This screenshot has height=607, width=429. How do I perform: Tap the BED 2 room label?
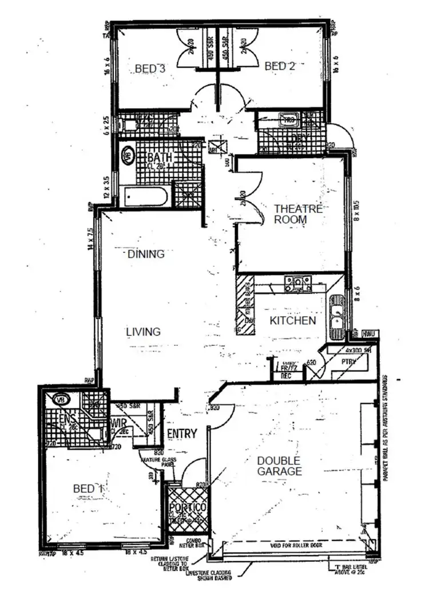pos(280,67)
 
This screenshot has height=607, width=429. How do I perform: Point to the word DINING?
pos(146,254)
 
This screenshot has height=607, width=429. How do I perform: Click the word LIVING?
pos(143,332)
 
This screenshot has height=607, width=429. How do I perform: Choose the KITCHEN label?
pos(293,321)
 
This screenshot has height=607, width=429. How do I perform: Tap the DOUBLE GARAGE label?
pos(279,466)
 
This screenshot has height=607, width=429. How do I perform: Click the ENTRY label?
pos(182,433)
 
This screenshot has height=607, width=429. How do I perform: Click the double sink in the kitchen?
pos(337,314)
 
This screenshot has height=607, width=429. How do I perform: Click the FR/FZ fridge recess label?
pos(284,369)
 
